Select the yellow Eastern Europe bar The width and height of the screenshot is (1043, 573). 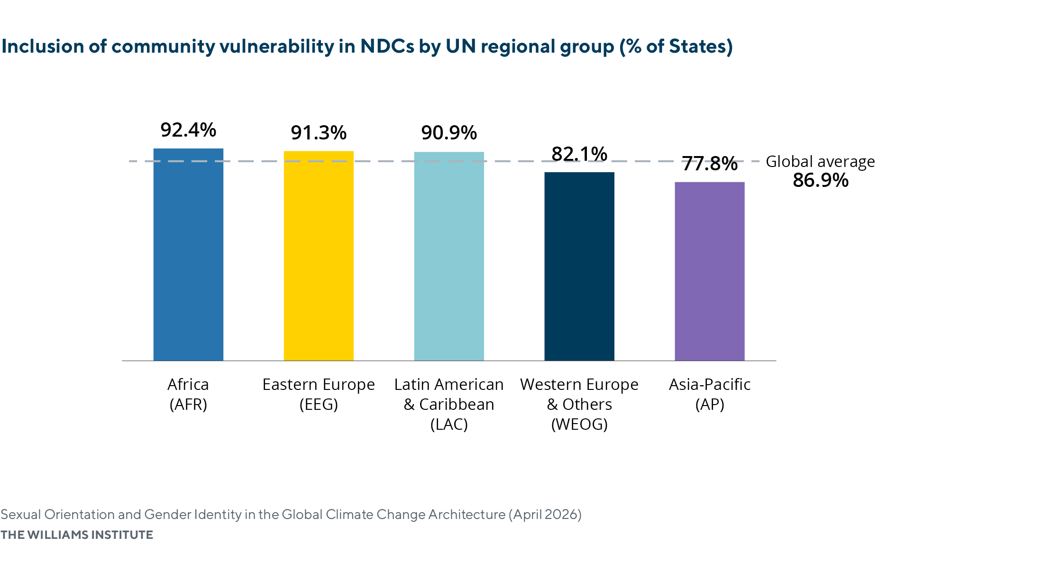coord(319,256)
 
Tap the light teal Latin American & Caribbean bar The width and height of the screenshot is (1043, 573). coord(449,256)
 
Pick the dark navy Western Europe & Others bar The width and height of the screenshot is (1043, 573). coord(579,266)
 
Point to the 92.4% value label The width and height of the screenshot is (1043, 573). coord(188,130)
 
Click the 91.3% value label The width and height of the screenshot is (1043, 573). coord(319,133)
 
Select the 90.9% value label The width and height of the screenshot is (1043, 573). coord(449,133)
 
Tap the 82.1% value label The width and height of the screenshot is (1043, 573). coord(579,154)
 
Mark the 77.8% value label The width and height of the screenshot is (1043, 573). coord(709,164)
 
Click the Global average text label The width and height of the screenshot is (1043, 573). coord(820,162)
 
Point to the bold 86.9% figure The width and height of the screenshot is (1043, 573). coord(821,180)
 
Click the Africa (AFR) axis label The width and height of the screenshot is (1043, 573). coord(188,394)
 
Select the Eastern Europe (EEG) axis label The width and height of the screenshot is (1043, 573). coord(319,394)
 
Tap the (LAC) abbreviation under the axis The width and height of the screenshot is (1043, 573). coord(449,424)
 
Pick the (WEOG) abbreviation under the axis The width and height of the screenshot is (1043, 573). coord(579,424)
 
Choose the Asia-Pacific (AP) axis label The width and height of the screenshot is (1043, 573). coord(709,394)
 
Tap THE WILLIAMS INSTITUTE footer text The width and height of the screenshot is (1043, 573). coord(77,535)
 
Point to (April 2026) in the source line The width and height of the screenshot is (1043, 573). coord(545,515)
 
